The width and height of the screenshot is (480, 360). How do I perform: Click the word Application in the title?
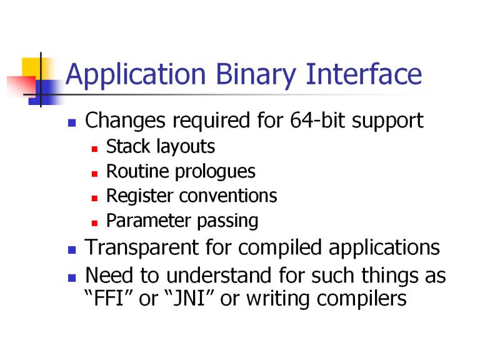pos(135,74)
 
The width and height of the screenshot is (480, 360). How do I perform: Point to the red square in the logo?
pos(21,86)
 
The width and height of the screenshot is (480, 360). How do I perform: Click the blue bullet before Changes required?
pos(72,122)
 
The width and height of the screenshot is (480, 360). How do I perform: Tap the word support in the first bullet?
pos(387,121)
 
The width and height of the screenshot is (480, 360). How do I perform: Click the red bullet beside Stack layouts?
pos(94,149)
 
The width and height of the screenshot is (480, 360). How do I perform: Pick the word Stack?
pos(128,146)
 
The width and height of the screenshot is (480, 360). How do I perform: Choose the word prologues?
pos(215,172)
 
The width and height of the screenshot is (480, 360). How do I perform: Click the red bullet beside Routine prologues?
pos(94,174)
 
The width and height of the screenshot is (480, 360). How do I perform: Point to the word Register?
pos(140,196)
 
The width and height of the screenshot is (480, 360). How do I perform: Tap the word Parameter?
pos(149,221)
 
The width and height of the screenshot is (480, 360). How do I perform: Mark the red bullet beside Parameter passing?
pos(94,223)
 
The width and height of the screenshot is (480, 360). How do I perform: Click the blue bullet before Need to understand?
pos(72,278)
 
